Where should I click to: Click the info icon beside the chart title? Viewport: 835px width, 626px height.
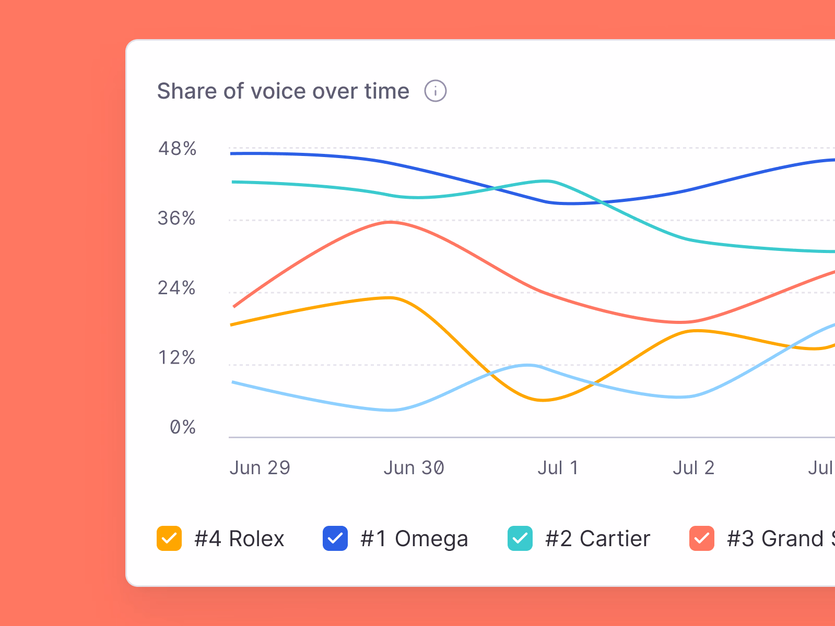(x=435, y=91)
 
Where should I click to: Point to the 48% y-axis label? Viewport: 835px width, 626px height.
(x=178, y=149)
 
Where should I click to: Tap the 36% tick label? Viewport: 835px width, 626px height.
(x=177, y=218)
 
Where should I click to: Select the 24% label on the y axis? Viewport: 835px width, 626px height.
(x=177, y=288)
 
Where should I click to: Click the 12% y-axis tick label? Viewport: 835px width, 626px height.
(x=177, y=358)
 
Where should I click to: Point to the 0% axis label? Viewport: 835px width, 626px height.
(x=183, y=427)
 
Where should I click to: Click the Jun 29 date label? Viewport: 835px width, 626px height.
(x=260, y=468)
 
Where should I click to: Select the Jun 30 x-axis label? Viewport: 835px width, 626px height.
(x=414, y=468)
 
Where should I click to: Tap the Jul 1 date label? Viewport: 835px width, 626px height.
(x=558, y=468)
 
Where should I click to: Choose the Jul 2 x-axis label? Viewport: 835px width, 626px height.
(x=693, y=468)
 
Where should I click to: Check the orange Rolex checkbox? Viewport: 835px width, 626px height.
(x=169, y=538)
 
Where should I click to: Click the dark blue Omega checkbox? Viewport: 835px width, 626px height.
(x=335, y=538)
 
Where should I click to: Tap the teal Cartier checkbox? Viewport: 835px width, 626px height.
(x=520, y=538)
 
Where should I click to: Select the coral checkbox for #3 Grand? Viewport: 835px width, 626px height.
(x=702, y=538)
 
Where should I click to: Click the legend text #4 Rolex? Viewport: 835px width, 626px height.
(x=239, y=538)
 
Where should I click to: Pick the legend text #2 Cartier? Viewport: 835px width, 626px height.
(x=597, y=538)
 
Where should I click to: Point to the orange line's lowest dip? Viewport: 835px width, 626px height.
(x=543, y=400)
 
